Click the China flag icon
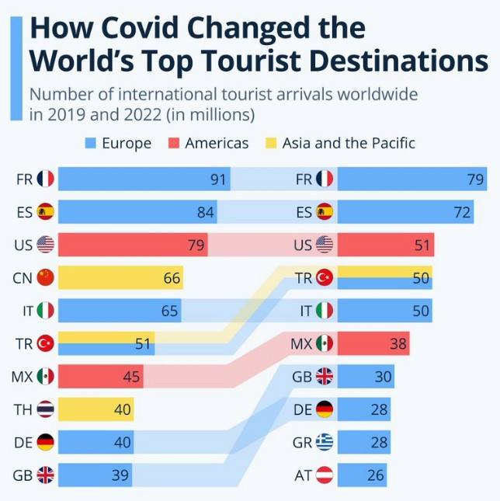tap(46, 277)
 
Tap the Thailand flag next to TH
tap(46, 409)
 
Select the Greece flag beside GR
tap(324, 442)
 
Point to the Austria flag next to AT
tap(324, 475)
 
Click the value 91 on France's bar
tap(219, 179)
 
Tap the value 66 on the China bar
tap(172, 278)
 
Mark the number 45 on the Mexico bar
tap(133, 377)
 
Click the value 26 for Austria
tap(375, 475)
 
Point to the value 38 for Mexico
tap(397, 343)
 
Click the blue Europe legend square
tap(89, 143)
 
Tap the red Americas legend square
tap(172, 143)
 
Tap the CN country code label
tap(23, 277)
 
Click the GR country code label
tap(302, 442)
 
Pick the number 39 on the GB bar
tap(120, 475)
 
